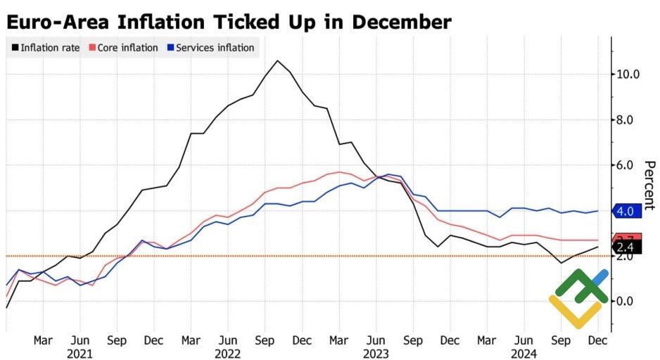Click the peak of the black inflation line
pyautogui.click(x=277, y=60)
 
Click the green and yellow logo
pyautogui.click(x=578, y=297)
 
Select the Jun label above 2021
pyautogui.click(x=80, y=340)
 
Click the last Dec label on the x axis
pyautogui.click(x=597, y=340)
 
